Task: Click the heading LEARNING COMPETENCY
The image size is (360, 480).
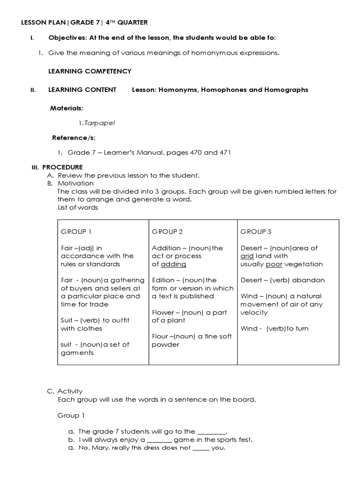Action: pyautogui.click(x=90, y=71)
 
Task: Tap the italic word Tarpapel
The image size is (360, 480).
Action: pyautogui.click(x=99, y=123)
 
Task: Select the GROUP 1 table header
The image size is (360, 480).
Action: pyautogui.click(x=77, y=232)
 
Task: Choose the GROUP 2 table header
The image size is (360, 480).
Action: pyautogui.click(x=167, y=232)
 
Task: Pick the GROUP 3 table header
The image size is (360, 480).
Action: pyautogui.click(x=256, y=232)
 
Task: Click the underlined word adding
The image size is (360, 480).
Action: pyautogui.click(x=173, y=264)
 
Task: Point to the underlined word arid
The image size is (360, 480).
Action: pyautogui.click(x=247, y=256)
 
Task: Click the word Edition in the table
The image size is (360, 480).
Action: pyautogui.click(x=163, y=280)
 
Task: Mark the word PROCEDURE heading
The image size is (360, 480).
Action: pyautogui.click(x=62, y=167)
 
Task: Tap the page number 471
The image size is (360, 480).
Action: pyautogui.click(x=225, y=152)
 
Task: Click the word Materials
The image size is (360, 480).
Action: pyautogui.click(x=66, y=108)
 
